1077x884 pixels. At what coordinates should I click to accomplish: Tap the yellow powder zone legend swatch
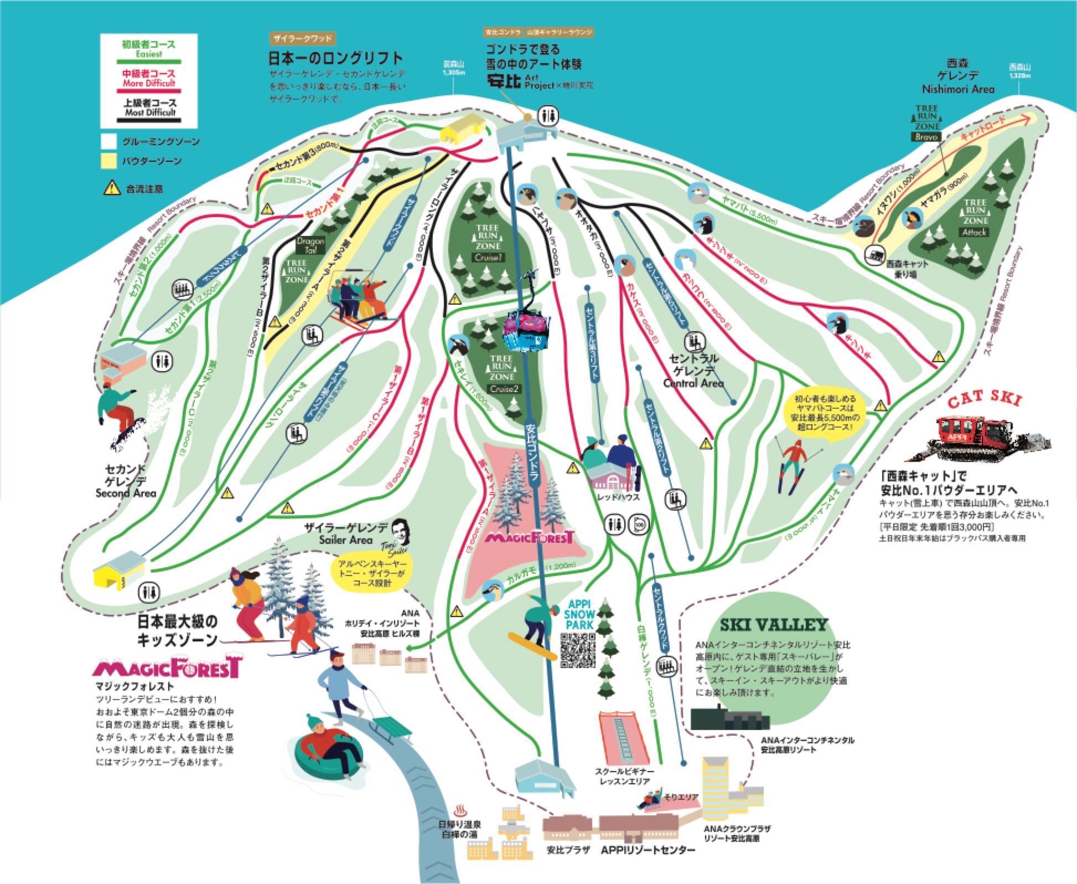(108, 161)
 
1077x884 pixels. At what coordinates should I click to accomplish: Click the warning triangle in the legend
(111, 188)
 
